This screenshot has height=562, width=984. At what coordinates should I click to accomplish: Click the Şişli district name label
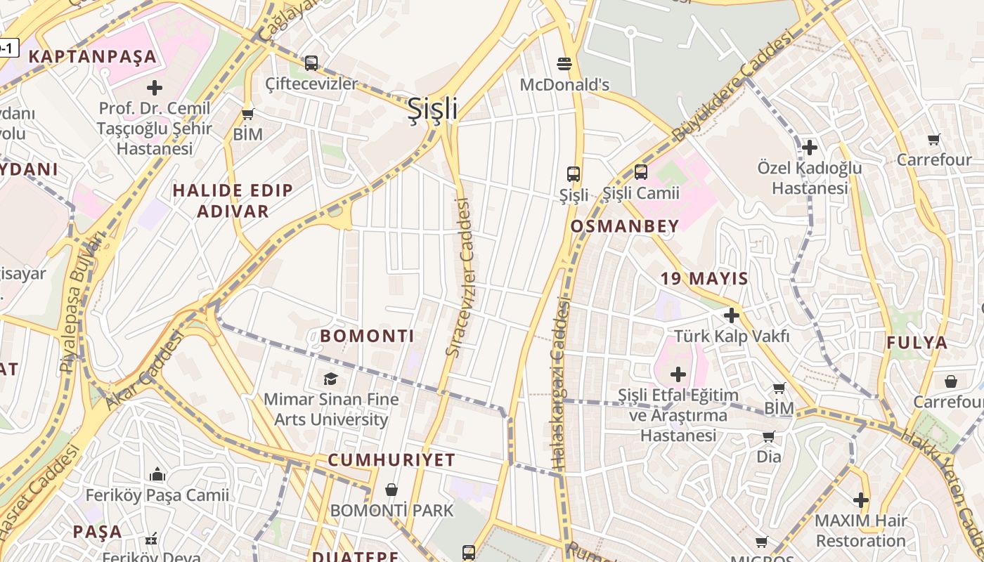433,109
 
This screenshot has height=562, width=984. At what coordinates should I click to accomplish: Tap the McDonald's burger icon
563,64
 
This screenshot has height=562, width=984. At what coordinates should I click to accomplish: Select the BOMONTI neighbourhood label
367,336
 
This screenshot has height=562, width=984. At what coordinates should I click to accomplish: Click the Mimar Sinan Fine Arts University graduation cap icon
330,379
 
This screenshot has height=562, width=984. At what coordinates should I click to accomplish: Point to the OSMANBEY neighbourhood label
625,226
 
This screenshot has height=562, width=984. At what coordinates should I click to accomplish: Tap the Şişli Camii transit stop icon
640,171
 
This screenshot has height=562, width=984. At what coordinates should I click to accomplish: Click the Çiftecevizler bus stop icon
311,63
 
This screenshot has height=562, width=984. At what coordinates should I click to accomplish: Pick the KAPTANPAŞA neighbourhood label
92,57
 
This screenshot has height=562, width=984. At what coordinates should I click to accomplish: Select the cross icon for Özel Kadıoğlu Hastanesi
810,148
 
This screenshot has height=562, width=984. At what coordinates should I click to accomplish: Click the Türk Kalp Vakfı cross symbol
732,315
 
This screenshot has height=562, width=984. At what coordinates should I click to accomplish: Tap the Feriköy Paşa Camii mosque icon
157,475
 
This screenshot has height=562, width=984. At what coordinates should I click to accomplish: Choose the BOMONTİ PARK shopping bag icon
391,490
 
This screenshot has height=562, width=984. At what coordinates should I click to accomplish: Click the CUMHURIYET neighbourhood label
391,460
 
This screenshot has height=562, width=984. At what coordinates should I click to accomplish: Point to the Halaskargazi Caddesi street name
560,383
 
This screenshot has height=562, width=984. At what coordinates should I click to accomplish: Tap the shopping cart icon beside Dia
768,437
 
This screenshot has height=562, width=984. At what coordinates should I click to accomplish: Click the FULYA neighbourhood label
917,343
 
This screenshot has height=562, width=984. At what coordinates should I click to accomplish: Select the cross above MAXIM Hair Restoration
861,500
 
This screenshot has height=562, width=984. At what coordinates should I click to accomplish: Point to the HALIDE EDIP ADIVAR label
233,201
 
